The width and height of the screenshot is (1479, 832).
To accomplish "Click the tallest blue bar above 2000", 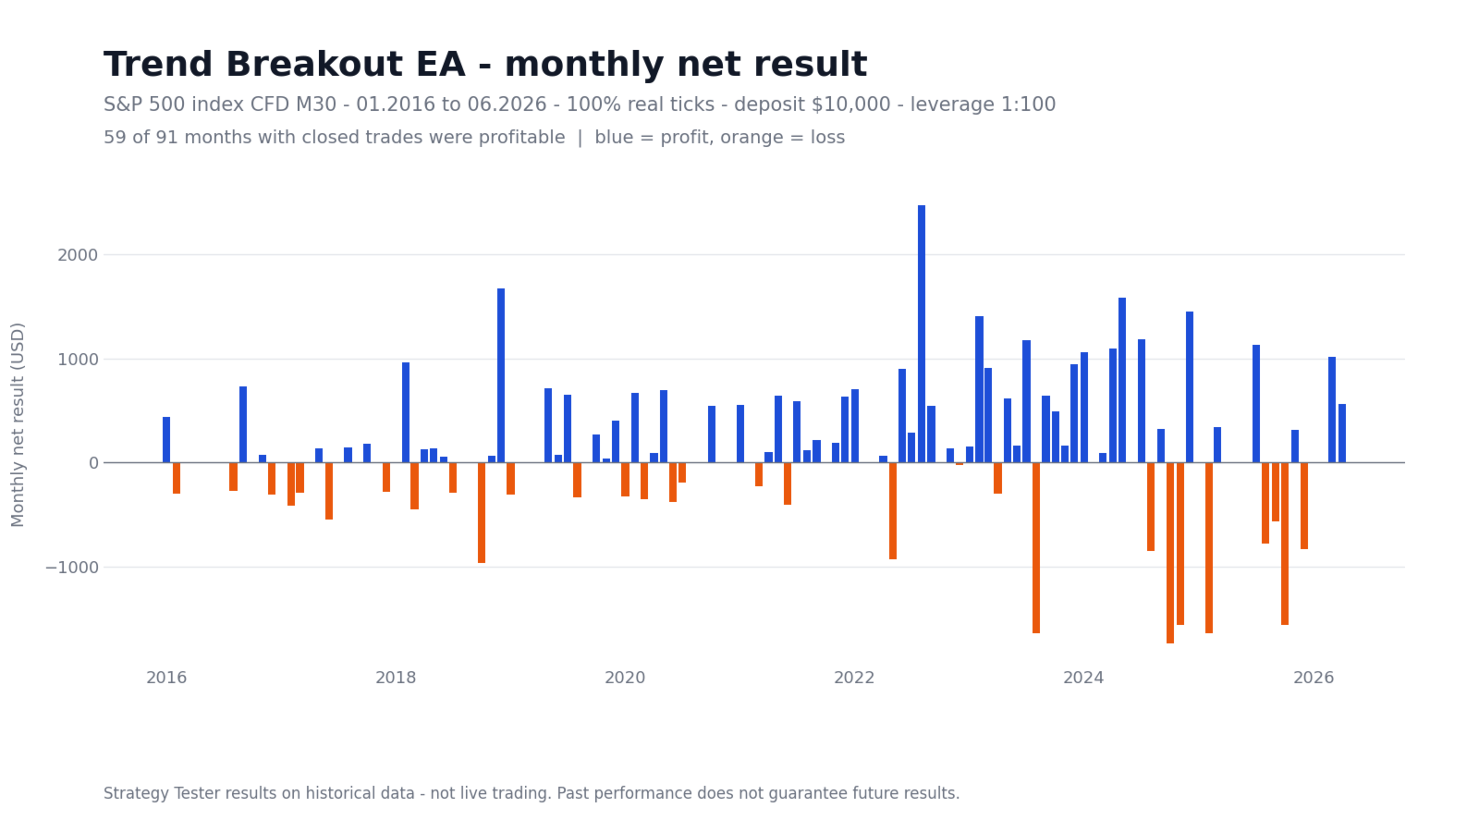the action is (x=921, y=334).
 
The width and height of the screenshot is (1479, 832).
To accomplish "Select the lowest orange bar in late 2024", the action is (x=1170, y=553).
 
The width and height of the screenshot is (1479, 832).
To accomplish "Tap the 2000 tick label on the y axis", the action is (x=78, y=255).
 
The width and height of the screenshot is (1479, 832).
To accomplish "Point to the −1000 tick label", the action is (x=72, y=568).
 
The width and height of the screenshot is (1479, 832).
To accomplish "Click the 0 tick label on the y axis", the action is (x=93, y=463).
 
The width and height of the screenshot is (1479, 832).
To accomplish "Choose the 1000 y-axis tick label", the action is (x=78, y=360).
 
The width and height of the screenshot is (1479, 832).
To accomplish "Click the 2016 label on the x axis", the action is (x=166, y=678).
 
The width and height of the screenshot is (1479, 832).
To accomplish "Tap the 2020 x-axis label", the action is (x=625, y=678).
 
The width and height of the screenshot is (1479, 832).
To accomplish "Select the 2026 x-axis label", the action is (x=1314, y=678).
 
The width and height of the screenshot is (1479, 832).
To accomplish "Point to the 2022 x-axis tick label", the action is (x=854, y=678).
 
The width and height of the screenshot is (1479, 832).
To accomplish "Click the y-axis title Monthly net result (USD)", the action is (x=18, y=424).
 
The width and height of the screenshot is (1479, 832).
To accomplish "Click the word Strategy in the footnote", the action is (x=134, y=793).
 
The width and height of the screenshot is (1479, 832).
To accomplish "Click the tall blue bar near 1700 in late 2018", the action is (x=500, y=375).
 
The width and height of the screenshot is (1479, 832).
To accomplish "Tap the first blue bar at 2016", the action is (x=166, y=440).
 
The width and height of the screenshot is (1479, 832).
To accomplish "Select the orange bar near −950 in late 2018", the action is (x=482, y=512).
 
